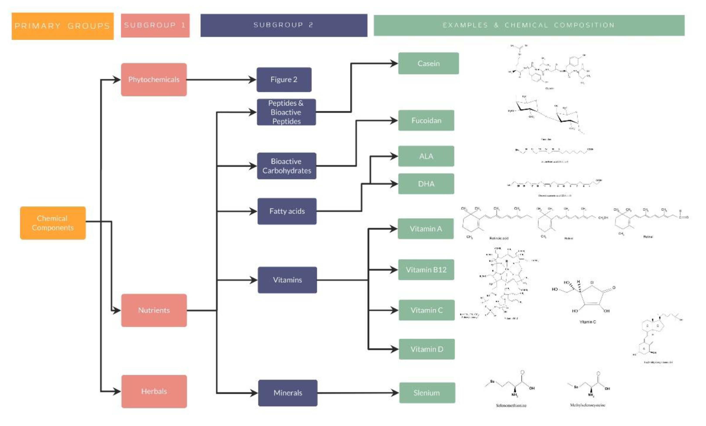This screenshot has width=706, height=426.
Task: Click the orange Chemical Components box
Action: (53, 223)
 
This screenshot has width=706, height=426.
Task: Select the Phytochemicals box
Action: (154, 80)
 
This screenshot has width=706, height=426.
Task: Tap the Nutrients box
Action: (154, 310)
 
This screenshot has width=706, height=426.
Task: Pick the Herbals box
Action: (154, 391)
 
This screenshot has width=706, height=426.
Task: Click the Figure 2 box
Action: (284, 80)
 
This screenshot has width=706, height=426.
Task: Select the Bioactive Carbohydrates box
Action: (286, 166)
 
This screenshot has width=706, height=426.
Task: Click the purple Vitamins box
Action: (287, 280)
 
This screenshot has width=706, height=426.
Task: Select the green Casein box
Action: (428, 63)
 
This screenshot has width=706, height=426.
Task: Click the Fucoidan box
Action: (426, 120)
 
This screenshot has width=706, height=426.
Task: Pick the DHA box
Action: (426, 183)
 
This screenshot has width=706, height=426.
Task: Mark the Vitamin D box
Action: (427, 349)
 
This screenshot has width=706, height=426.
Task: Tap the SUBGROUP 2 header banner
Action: (284, 25)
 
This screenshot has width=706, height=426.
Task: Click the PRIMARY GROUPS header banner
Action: (62, 26)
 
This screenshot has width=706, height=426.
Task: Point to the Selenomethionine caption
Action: (511, 405)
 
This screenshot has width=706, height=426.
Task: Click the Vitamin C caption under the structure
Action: (587, 322)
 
